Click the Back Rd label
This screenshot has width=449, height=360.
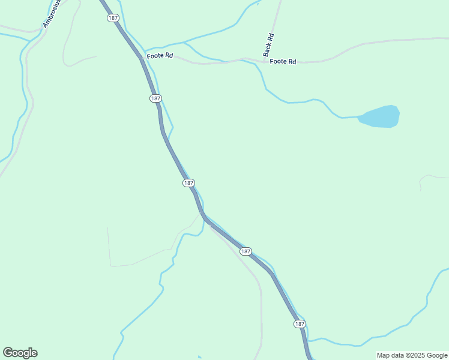(x=268, y=44)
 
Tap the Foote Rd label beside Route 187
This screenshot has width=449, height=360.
(x=160, y=55)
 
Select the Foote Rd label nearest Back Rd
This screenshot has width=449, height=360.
(x=283, y=62)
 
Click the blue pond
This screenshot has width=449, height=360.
(x=380, y=116)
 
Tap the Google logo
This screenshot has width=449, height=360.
(x=20, y=353)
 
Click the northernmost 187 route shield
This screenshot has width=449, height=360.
(x=113, y=18)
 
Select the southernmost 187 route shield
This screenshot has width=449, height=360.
(x=300, y=324)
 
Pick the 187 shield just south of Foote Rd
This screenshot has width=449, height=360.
(x=155, y=98)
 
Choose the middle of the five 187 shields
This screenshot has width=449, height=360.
(x=188, y=182)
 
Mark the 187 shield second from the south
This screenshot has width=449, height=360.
(x=246, y=251)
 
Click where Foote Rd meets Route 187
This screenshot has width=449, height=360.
(x=142, y=58)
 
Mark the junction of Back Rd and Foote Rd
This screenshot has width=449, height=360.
(x=264, y=60)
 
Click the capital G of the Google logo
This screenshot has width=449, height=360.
(x=8, y=353)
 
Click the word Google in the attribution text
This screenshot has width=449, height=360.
(x=437, y=355)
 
